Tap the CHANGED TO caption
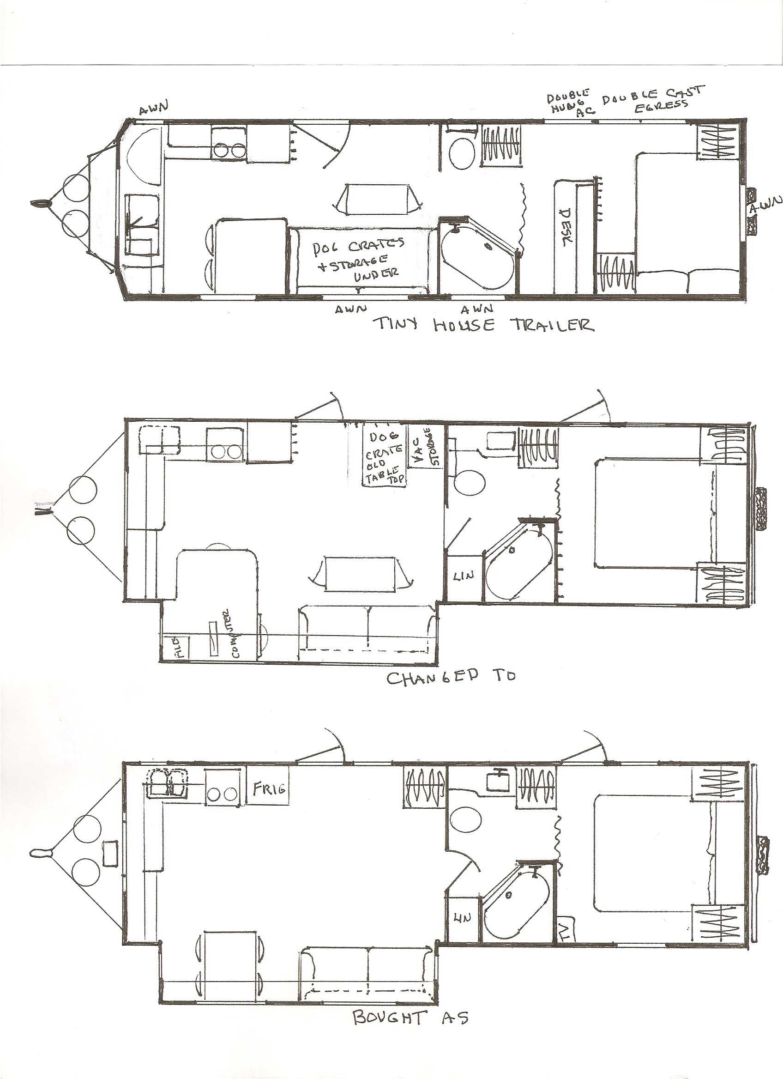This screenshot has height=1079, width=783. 450,678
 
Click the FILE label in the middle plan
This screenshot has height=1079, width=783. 180,648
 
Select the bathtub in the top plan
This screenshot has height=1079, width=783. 478,259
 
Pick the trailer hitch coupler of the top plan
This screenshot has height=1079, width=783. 41,204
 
